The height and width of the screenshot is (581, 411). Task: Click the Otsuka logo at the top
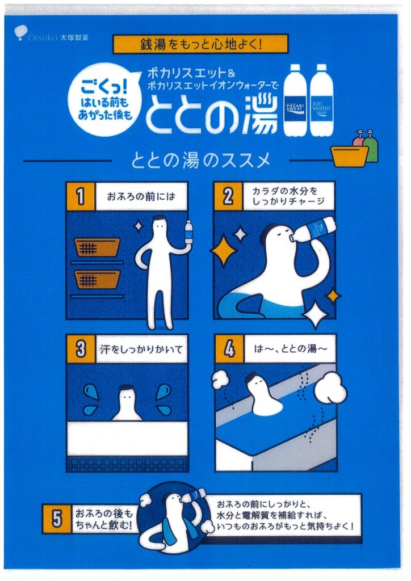(x=51, y=33)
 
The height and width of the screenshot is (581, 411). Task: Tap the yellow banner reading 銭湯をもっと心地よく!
(x=200, y=44)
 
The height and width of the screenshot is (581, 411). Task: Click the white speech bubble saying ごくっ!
(x=105, y=99)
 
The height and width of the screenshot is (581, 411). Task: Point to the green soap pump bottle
(x=371, y=148)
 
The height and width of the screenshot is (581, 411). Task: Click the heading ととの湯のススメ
(x=200, y=161)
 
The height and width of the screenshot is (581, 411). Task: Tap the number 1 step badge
(x=81, y=196)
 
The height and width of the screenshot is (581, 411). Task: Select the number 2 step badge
(x=228, y=196)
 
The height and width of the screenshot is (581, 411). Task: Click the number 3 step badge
(x=81, y=349)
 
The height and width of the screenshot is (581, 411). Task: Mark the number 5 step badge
(x=57, y=519)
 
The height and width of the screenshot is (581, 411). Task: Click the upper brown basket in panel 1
(x=97, y=247)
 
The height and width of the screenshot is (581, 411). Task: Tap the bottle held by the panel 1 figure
(x=189, y=232)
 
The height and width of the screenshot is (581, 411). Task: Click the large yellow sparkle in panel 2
(x=224, y=250)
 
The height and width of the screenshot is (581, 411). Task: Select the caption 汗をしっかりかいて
(x=141, y=349)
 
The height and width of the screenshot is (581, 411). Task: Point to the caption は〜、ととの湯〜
(x=291, y=349)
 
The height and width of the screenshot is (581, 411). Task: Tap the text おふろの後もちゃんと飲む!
(x=104, y=519)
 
